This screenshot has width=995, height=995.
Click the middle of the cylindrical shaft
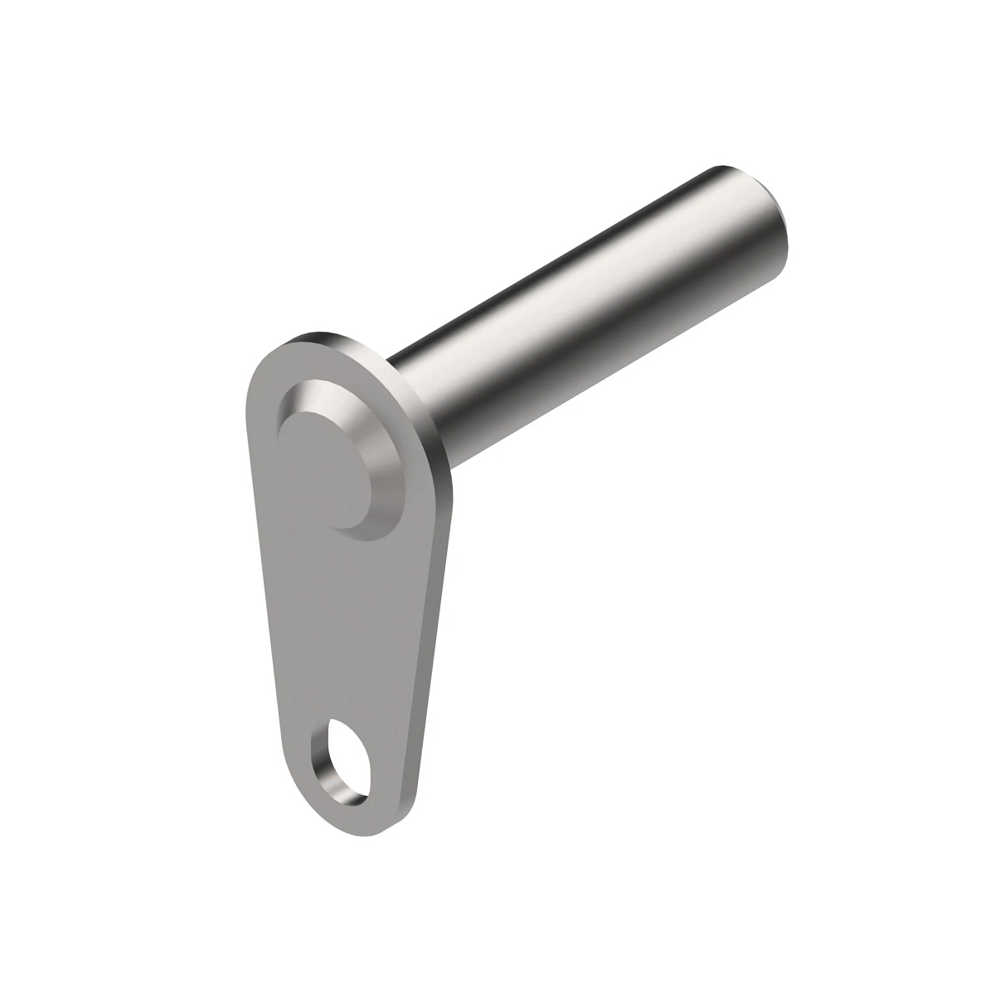[580, 282]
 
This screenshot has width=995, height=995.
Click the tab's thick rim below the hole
[365, 821]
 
